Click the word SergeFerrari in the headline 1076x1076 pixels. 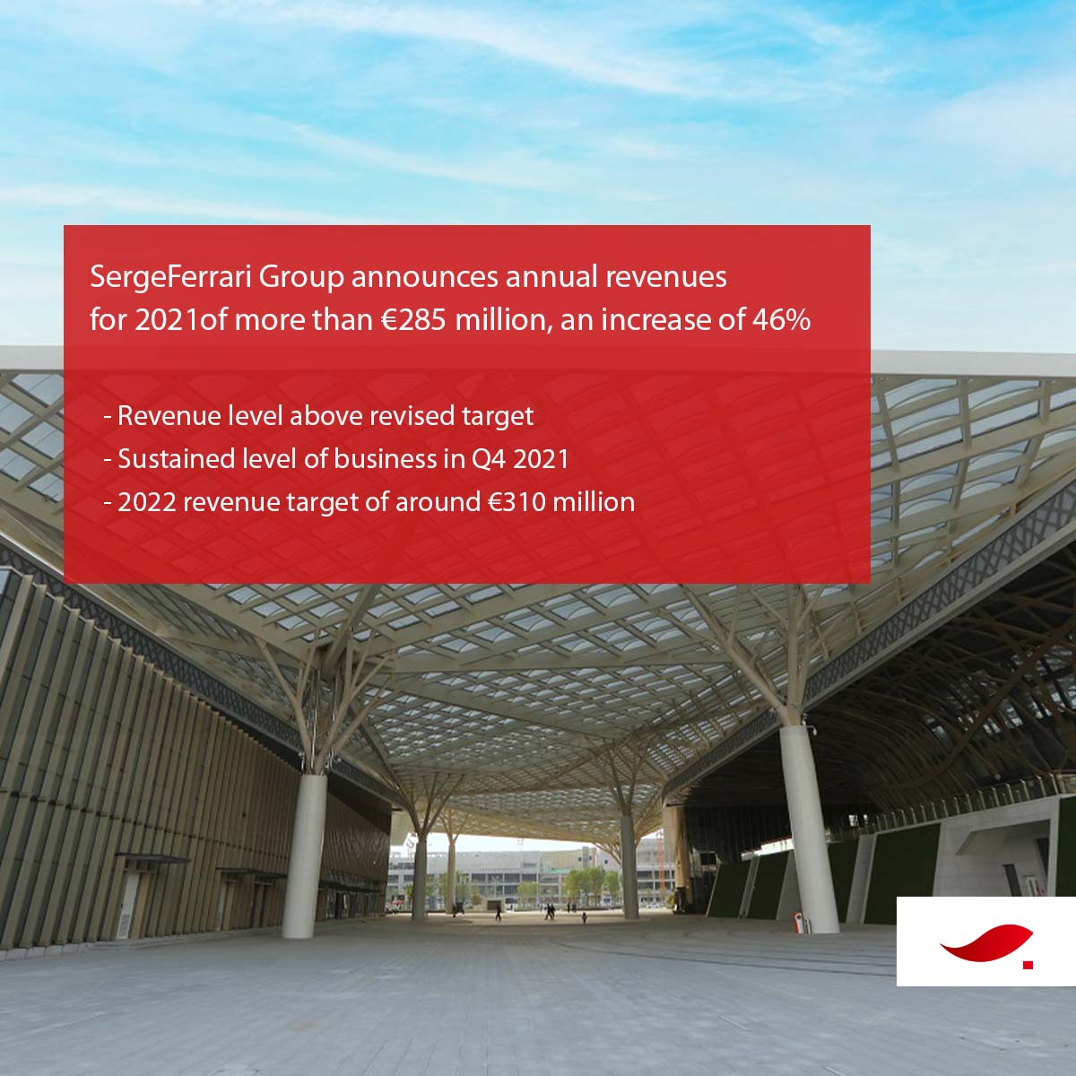pyautogui.click(x=171, y=278)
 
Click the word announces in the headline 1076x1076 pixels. pyautogui.click(x=424, y=278)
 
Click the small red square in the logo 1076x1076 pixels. pyautogui.click(x=1028, y=965)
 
